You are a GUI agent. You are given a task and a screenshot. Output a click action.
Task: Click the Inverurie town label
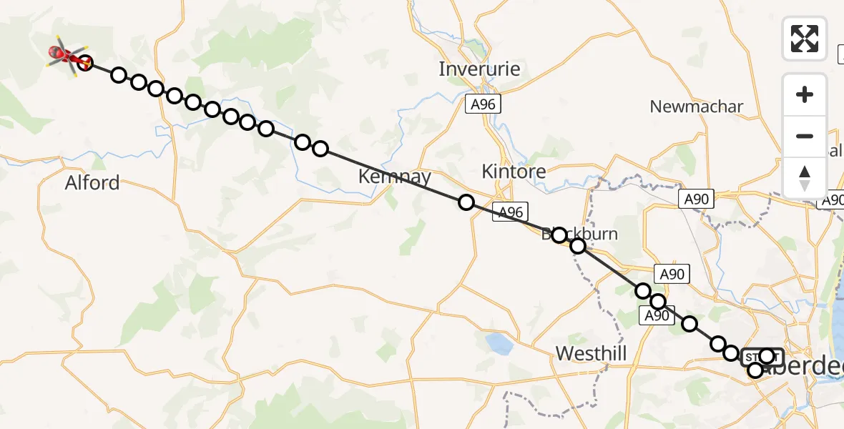(479, 69)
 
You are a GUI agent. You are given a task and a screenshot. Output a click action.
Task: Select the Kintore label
(514, 172)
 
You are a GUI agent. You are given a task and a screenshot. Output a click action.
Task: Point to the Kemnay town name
(395, 177)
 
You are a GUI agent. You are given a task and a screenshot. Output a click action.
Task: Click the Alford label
(92, 183)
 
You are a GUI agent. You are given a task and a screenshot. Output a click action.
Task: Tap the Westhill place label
(592, 353)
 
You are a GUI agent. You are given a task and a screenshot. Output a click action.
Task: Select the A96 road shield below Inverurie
(482, 104)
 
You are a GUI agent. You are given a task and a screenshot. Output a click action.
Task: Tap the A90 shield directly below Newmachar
(696, 199)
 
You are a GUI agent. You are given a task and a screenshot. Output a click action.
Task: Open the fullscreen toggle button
(805, 38)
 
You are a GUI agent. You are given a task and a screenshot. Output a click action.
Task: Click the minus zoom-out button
(805, 136)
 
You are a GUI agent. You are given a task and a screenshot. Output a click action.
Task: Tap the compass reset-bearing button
(805, 177)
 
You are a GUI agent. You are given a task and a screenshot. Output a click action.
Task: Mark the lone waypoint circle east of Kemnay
(466, 202)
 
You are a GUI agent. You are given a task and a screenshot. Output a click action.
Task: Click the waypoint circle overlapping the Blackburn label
(559, 235)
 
